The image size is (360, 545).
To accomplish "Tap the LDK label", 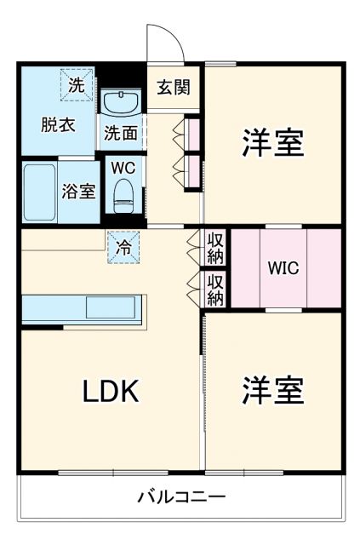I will pyautogui.click(x=110, y=391).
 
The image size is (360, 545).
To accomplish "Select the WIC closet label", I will pyautogui.click(x=283, y=267).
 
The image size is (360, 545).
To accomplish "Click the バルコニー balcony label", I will pyautogui.click(x=182, y=496).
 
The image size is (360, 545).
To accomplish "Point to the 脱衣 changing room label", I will pyautogui.click(x=59, y=124).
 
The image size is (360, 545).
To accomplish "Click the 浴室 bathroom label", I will pyautogui.click(x=78, y=192).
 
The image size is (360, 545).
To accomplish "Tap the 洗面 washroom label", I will pyautogui.click(x=121, y=133).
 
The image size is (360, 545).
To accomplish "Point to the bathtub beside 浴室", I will pyautogui.click(x=38, y=192).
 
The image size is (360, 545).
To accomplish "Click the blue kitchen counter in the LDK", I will pyautogui.click(x=84, y=308).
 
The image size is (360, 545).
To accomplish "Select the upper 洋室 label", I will pyautogui.click(x=273, y=142).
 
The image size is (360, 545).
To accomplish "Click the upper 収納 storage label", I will pyautogui.click(x=216, y=248).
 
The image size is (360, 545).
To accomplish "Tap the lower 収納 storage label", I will pyautogui.click(x=216, y=290).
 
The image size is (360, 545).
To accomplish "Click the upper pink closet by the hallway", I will pyautogui.click(x=193, y=134).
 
